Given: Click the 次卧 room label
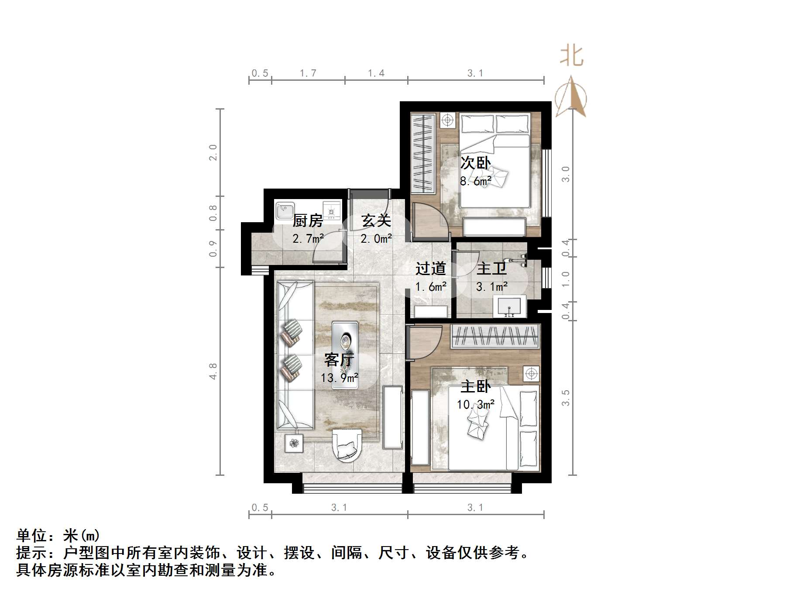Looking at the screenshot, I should pyautogui.click(x=476, y=163).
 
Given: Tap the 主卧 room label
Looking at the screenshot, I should pyautogui.click(x=476, y=386).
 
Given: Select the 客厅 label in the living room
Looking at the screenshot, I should pyautogui.click(x=339, y=360).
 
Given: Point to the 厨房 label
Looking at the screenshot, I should pyautogui.click(x=308, y=220).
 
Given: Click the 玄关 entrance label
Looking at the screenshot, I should pyautogui.click(x=376, y=220).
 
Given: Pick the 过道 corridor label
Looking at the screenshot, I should pyautogui.click(x=430, y=268).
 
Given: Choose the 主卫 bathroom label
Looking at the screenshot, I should pyautogui.click(x=491, y=268).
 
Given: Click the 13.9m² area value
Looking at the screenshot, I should pyautogui.click(x=339, y=378).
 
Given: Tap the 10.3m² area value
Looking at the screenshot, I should pyautogui.click(x=476, y=405).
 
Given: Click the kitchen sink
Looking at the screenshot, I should pyautogui.click(x=285, y=211).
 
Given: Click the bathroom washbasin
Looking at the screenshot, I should pyautogui.click(x=509, y=306).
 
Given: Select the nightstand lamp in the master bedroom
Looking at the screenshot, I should pyautogui.click(x=531, y=374).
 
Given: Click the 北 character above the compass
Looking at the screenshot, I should pyautogui.click(x=571, y=56).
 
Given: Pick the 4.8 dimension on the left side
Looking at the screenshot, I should pyautogui.click(x=213, y=371).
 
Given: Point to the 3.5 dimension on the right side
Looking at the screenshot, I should pyautogui.click(x=566, y=398).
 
